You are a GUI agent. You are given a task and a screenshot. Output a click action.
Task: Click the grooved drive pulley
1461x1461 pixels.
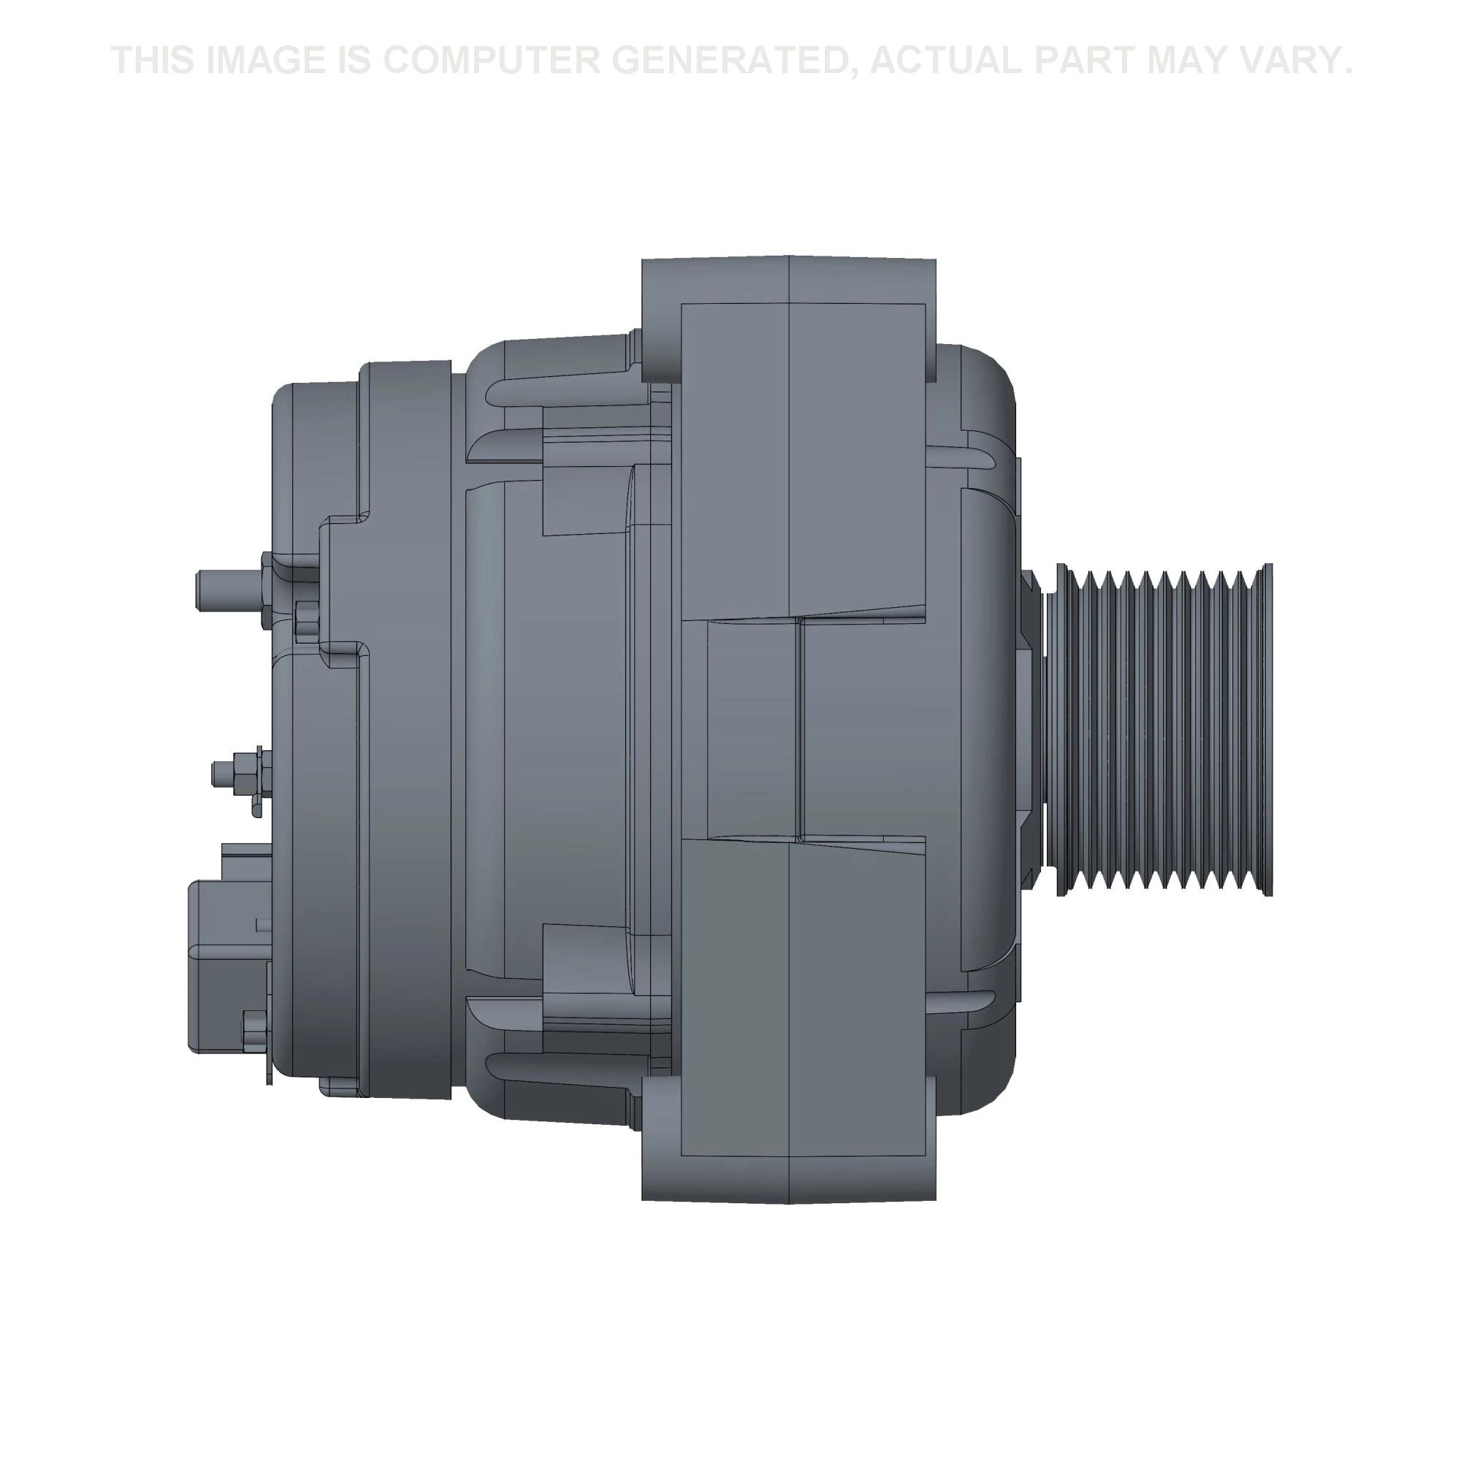(1157, 730)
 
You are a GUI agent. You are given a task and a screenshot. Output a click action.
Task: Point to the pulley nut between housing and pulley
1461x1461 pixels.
(1030, 730)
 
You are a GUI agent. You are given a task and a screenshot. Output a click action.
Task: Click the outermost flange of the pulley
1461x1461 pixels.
(1268, 730)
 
